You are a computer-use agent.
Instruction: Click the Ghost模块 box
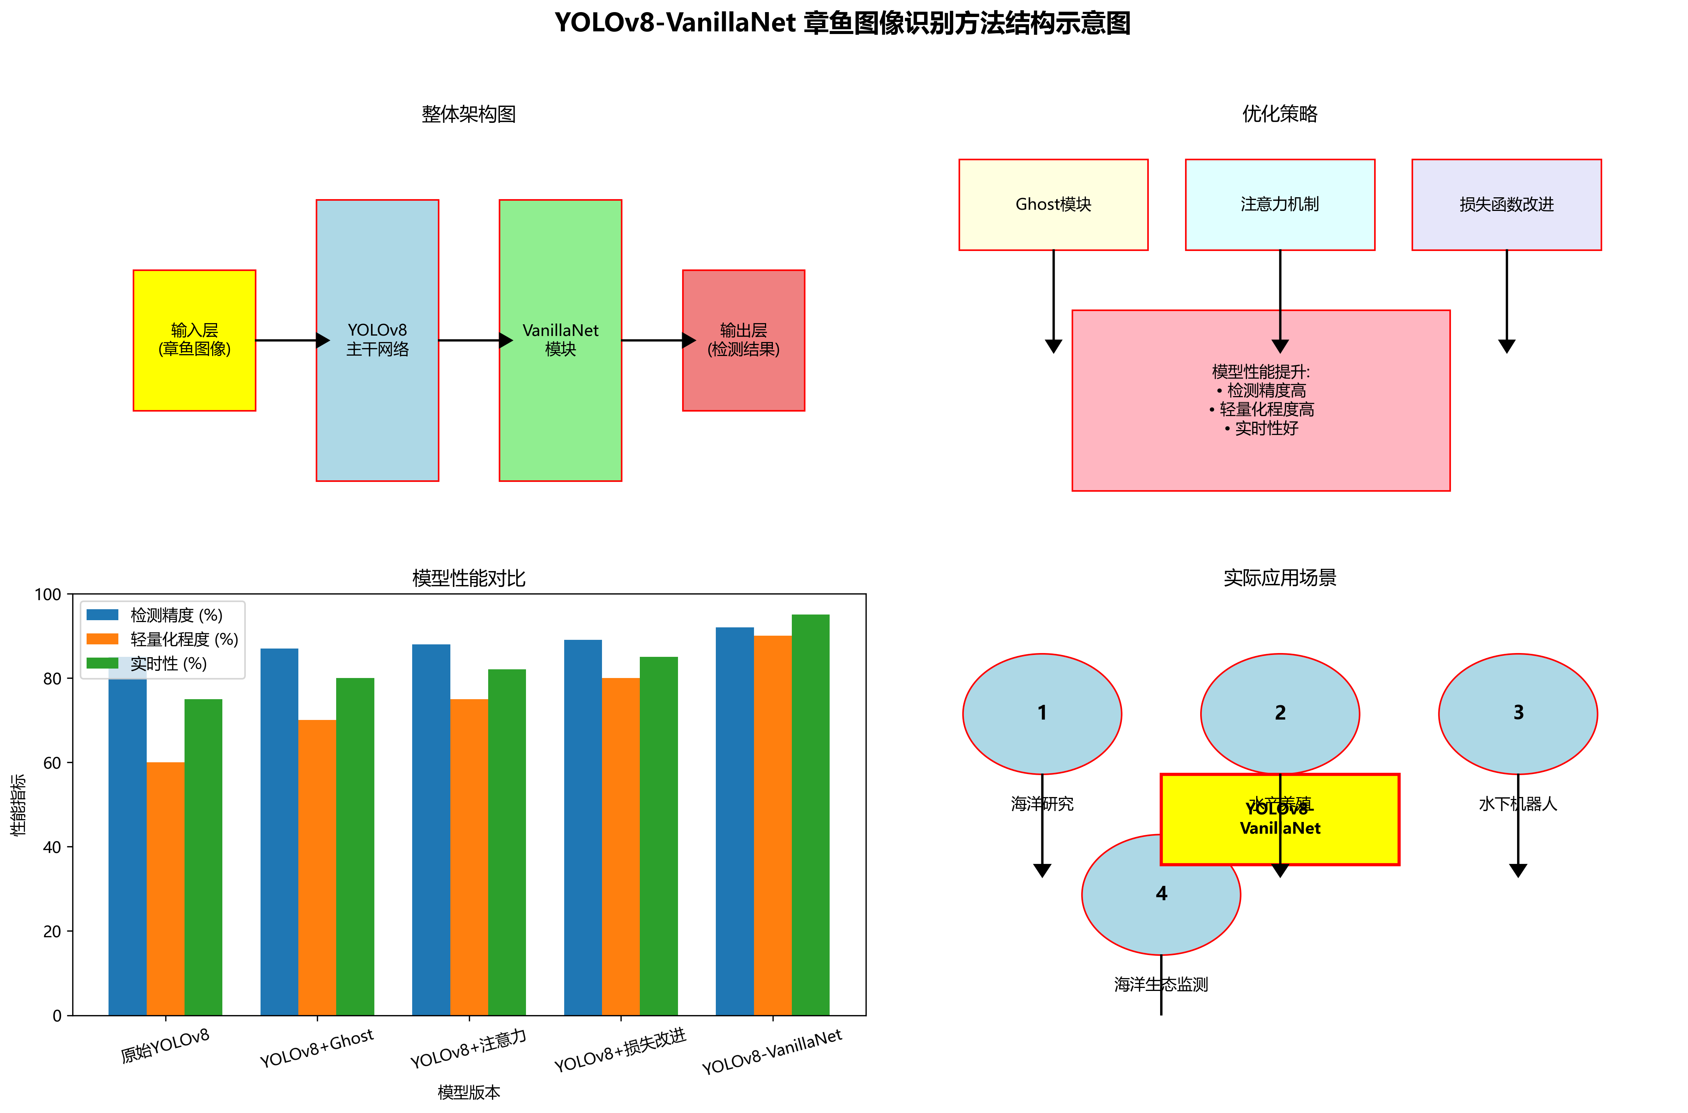[1053, 204]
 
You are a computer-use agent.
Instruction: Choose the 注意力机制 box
[1280, 204]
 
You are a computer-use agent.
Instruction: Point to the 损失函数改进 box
[1506, 204]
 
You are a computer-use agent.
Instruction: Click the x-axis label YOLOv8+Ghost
[317, 1048]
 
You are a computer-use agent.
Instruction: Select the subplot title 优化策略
[1280, 114]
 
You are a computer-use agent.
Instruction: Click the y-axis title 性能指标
[18, 804]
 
